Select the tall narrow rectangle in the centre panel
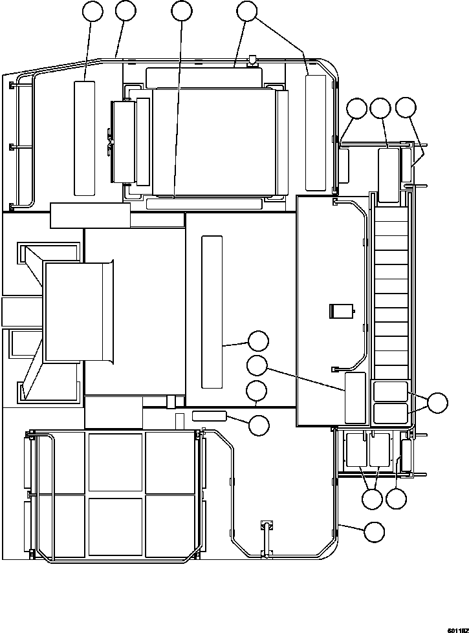tap(212, 312)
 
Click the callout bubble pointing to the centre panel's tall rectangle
tap(257, 341)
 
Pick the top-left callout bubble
tap(93, 11)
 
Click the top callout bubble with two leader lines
tap(246, 11)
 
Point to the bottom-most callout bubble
tap(374, 531)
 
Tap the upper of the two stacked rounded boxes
tap(390, 392)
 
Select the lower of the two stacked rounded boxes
tap(390, 413)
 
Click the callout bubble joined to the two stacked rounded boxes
tap(437, 402)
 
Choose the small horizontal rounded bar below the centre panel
tap(209, 415)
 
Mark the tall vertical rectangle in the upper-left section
tap(85, 138)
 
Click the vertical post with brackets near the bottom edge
tap(266, 539)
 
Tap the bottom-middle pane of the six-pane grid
tap(116, 527)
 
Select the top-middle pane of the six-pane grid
tap(116, 462)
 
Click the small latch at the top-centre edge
tap(252, 60)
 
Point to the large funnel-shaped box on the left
tap(79, 311)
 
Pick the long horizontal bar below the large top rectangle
tap(204, 204)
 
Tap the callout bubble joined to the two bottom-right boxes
tap(372, 499)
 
